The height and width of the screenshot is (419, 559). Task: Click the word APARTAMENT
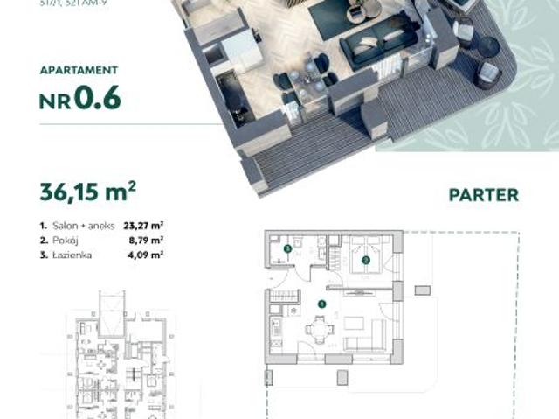79,70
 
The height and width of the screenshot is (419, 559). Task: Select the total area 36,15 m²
87,191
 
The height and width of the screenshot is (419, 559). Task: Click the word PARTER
483,194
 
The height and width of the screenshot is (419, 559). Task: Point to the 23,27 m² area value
144,224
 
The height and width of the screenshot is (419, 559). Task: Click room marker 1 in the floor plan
322,304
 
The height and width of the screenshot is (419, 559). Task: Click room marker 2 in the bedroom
366,259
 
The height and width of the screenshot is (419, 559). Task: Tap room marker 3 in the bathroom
287,249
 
